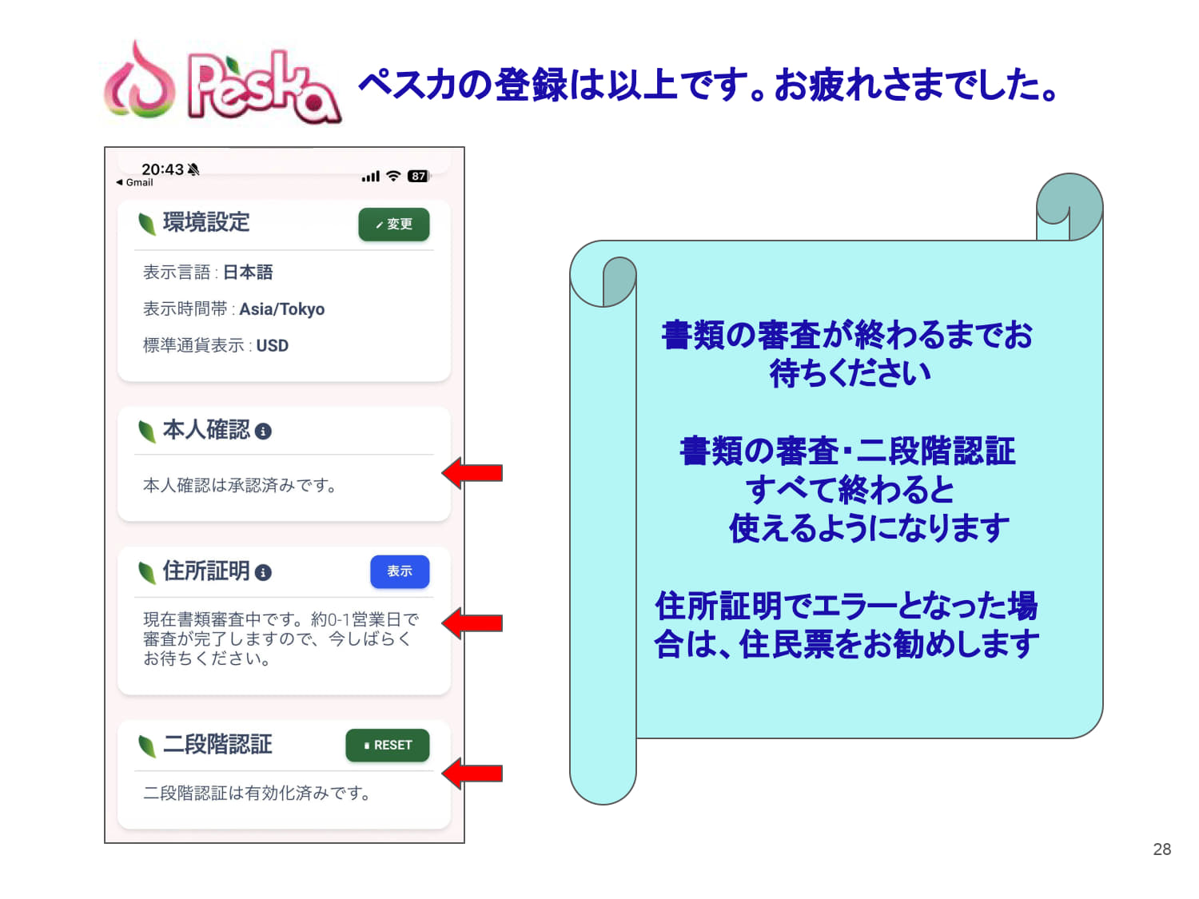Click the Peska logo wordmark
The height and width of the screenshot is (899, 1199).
[263, 86]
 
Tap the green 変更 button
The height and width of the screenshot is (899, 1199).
[393, 224]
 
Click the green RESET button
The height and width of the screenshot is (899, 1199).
[388, 745]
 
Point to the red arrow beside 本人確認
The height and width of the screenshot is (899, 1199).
[472, 473]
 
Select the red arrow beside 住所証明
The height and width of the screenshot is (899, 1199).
[472, 623]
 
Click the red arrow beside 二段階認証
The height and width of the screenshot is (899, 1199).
[472, 773]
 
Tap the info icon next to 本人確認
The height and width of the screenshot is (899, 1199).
[263, 432]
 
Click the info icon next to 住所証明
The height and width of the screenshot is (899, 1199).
[263, 572]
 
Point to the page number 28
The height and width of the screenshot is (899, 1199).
[1161, 849]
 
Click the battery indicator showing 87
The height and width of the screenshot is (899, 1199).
[418, 177]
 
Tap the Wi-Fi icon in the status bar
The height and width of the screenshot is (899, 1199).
[393, 176]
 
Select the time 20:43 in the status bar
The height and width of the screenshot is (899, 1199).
[162, 169]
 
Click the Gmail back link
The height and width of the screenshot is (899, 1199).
[134, 182]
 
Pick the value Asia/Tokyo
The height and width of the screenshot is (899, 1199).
[282, 309]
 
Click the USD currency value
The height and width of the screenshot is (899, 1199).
[272, 345]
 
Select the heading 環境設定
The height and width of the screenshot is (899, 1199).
[206, 222]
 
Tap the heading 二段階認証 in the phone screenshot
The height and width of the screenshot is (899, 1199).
[217, 744]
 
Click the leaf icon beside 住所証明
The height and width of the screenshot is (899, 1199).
[147, 573]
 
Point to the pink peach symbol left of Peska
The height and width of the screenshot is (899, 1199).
[140, 80]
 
